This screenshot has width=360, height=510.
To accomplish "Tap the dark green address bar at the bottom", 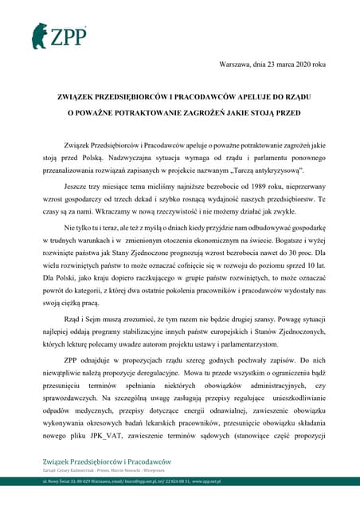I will [180, 481].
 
